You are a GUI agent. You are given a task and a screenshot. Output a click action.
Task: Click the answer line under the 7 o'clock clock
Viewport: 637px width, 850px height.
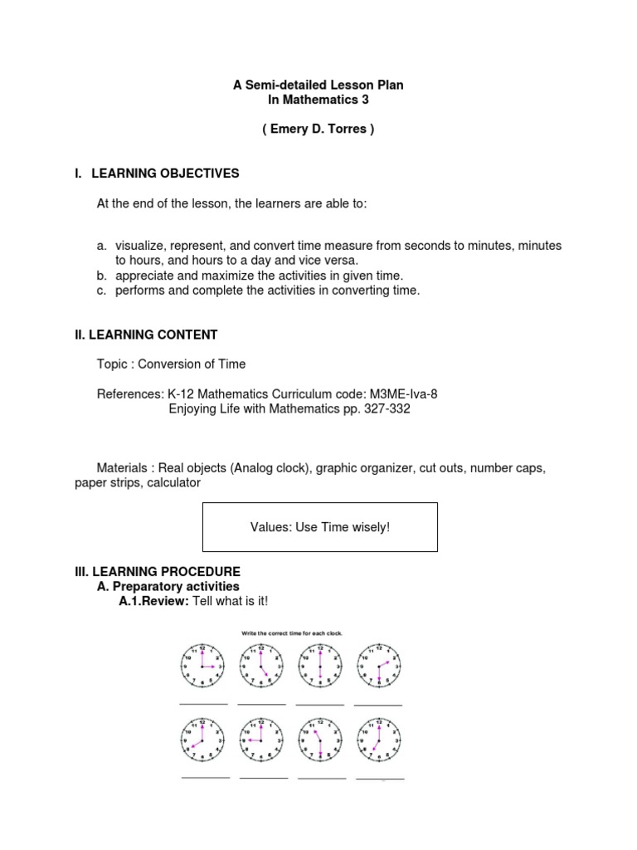coord(380,779)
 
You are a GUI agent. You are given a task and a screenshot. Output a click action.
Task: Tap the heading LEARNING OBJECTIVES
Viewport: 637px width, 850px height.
coord(164,173)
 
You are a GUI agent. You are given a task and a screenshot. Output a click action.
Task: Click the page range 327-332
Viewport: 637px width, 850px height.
coord(385,408)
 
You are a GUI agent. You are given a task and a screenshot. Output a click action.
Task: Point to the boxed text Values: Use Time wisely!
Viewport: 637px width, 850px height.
coord(319,527)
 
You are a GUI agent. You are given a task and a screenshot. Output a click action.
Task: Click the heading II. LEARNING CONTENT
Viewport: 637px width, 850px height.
coord(146,335)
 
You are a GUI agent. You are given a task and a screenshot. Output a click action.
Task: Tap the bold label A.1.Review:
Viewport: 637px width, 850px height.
coord(154,601)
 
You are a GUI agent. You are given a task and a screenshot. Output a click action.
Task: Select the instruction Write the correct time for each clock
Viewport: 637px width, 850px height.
coord(291,633)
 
